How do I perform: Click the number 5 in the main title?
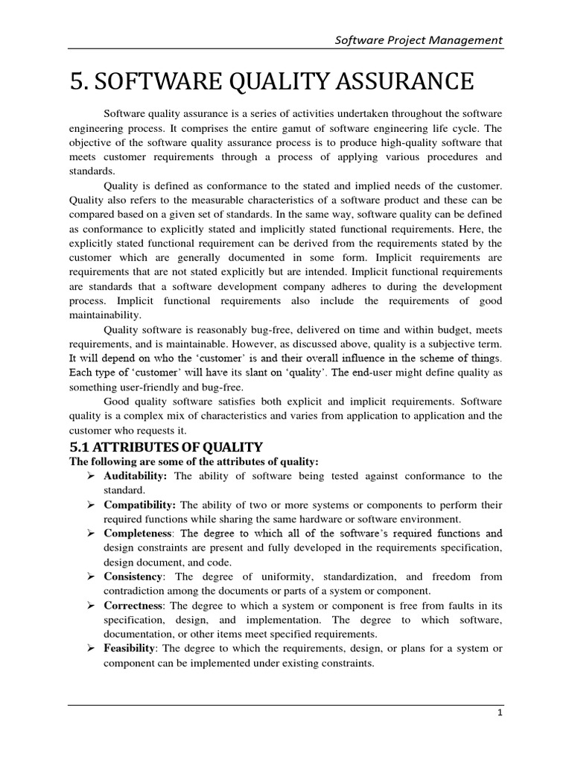click(77, 80)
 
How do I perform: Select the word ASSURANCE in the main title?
click(401, 80)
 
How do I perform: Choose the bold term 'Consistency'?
click(133, 576)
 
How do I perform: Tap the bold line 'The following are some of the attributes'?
click(194, 462)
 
